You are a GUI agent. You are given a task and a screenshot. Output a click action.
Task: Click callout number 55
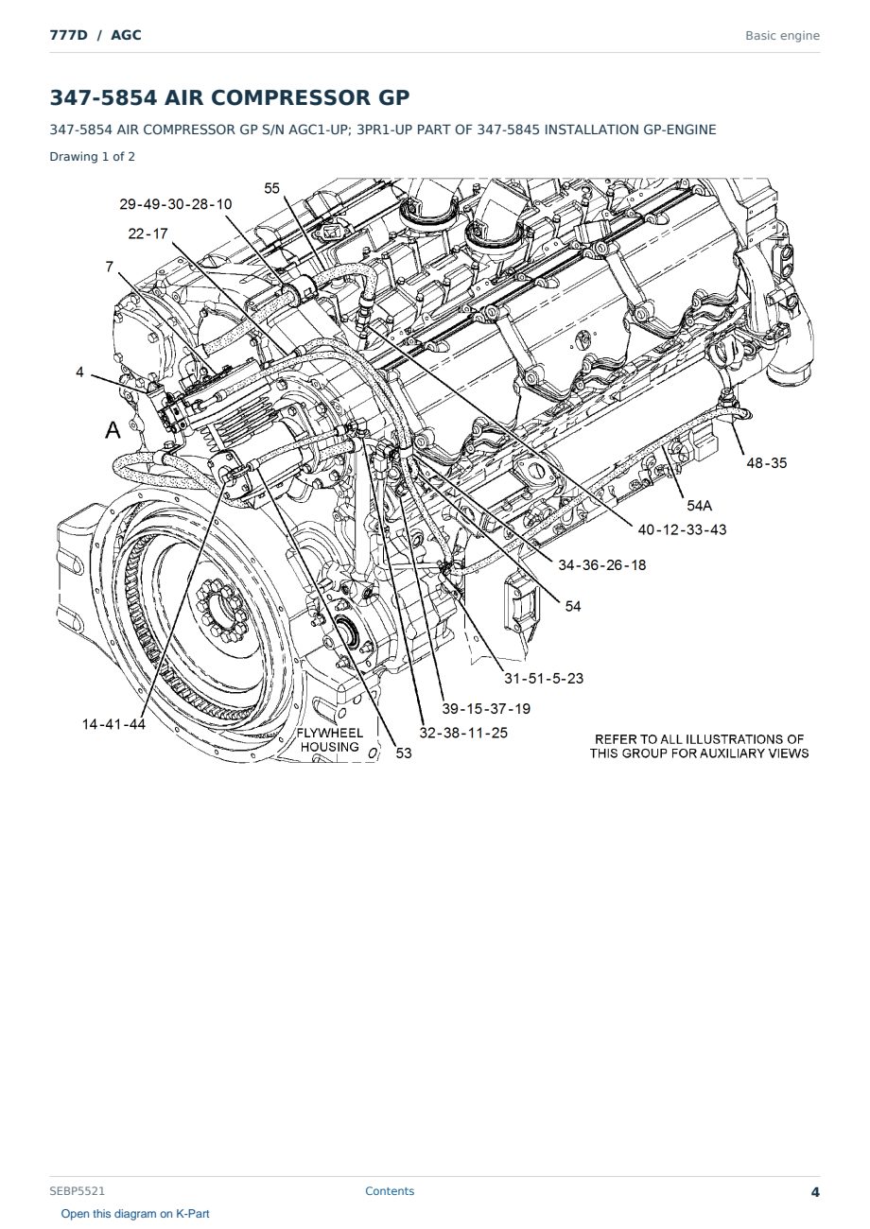pos(271,188)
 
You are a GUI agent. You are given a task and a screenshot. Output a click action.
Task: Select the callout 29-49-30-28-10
pos(176,204)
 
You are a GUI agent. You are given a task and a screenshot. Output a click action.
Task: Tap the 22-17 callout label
pos(148,234)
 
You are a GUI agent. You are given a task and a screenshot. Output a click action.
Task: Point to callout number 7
pos(110,267)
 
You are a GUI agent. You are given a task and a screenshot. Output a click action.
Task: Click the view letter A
pos(113,429)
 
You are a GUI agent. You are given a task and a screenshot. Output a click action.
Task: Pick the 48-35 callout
pos(766,463)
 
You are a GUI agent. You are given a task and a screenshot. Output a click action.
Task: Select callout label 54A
pos(699,506)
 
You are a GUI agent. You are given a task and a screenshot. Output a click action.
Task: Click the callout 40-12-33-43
pos(682,530)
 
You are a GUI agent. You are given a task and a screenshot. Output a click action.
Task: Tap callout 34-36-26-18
pos(602,565)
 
